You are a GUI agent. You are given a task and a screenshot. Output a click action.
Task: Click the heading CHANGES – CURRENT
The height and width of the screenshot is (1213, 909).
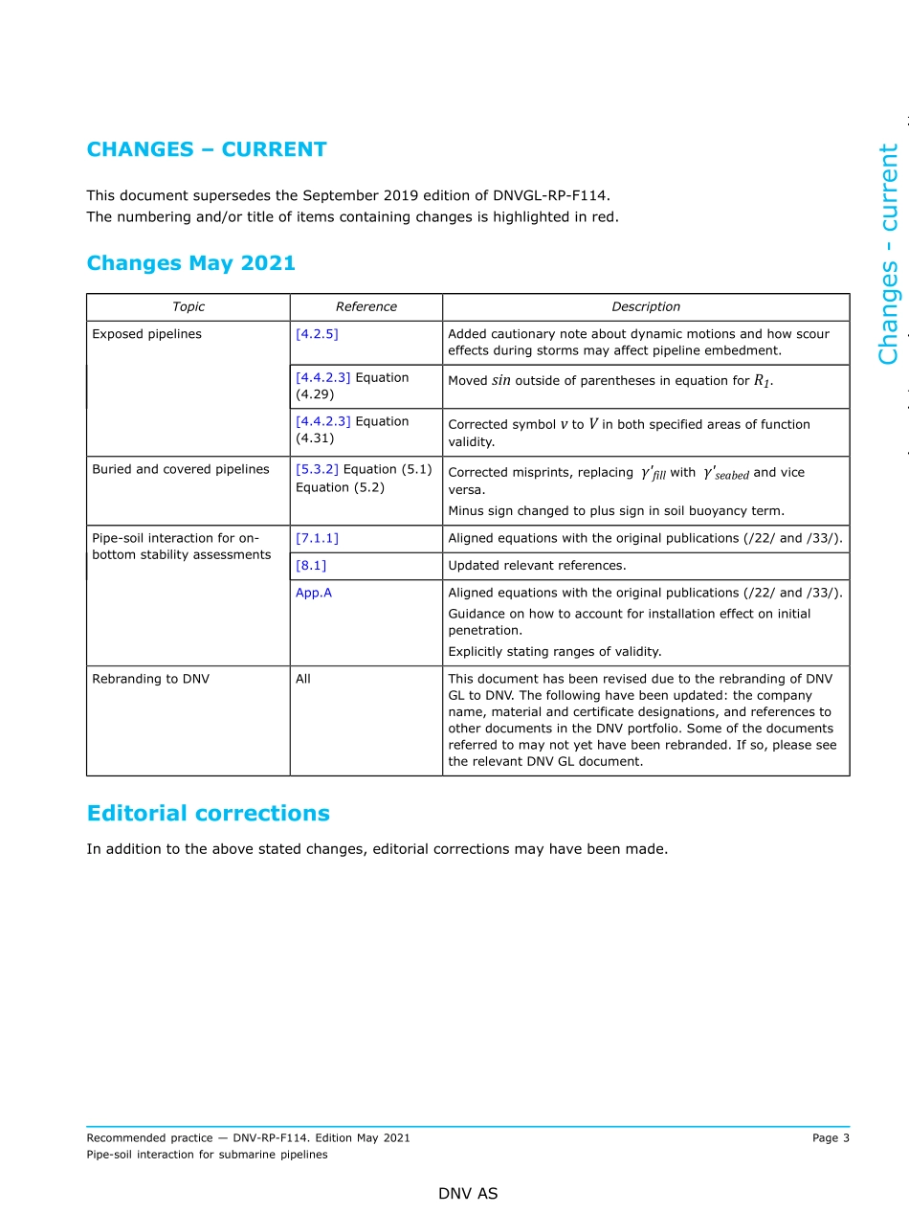point(207,149)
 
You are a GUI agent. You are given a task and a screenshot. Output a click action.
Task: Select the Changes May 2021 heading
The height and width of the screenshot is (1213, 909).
point(190,263)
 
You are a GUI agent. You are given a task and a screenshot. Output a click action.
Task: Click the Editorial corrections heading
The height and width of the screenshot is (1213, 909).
point(208,814)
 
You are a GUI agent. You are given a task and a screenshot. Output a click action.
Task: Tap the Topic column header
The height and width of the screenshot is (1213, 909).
point(188,307)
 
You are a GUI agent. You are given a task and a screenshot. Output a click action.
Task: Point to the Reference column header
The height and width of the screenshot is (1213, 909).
point(366,307)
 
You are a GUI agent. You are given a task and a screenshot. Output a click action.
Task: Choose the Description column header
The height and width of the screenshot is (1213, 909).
point(646,307)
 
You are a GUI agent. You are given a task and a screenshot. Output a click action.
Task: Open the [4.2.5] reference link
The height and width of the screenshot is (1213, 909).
point(317,334)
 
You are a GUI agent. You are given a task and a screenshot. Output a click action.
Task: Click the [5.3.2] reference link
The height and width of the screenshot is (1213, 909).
point(317,469)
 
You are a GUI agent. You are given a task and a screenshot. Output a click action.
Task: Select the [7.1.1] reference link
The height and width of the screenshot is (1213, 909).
point(317,538)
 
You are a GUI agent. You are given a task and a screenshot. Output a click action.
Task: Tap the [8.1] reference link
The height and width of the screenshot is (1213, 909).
point(311,566)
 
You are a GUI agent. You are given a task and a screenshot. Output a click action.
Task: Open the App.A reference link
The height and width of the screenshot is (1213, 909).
point(314,593)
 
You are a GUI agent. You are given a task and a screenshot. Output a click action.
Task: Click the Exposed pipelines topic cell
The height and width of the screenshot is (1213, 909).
point(146,334)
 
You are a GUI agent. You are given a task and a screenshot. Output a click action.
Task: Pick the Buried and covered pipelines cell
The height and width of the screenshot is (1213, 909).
point(180,469)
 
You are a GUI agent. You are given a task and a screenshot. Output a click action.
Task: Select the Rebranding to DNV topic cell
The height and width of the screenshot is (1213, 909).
point(150,679)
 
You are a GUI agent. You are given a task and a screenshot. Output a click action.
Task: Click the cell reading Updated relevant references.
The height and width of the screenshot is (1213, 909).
point(537,566)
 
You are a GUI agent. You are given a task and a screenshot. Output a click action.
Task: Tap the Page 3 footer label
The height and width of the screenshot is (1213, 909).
point(831,1138)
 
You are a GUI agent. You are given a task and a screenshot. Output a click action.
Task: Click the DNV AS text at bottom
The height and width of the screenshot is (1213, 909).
point(468,1194)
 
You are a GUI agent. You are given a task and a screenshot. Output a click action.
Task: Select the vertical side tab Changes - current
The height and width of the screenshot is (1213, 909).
point(889,254)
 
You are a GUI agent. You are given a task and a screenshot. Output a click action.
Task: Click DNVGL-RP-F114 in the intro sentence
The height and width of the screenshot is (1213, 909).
point(549,195)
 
